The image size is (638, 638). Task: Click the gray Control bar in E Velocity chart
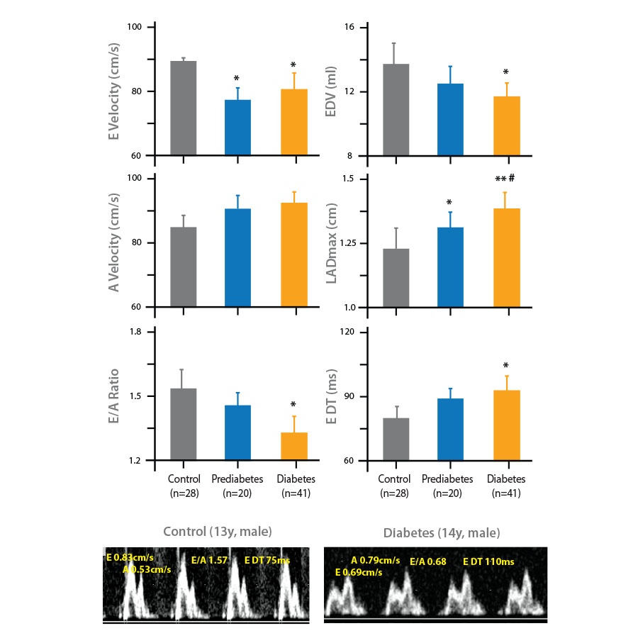tap(184, 108)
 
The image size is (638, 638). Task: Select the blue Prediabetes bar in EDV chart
tap(450, 120)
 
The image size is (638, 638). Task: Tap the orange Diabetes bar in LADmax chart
tap(507, 258)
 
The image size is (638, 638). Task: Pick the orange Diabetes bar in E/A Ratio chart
tap(294, 447)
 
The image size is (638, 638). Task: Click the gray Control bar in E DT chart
tap(396, 440)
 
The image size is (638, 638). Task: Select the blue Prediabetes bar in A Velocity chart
tap(237, 258)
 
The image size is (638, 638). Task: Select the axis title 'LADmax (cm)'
tap(330, 243)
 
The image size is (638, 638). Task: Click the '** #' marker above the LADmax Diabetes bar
tap(504, 179)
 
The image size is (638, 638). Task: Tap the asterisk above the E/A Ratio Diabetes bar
tap(293, 405)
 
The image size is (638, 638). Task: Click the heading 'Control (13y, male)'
tap(218, 532)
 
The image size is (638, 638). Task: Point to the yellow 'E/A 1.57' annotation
tap(210, 560)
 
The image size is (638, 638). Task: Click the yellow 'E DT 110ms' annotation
tap(488, 561)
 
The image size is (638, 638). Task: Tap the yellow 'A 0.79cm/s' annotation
tap(376, 561)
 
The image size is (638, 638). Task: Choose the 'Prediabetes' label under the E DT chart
tap(451, 478)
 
